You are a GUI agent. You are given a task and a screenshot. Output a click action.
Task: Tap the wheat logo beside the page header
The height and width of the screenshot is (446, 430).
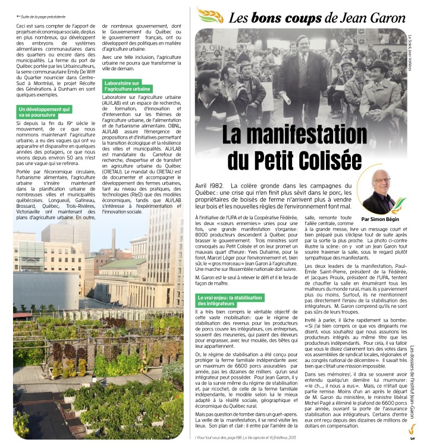[x=209, y=15]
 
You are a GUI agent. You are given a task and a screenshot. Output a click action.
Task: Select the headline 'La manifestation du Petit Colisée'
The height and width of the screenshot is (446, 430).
[x=295, y=145]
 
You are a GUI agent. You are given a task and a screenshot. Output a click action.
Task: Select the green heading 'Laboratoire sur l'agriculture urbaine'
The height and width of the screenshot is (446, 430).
[x=127, y=85]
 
